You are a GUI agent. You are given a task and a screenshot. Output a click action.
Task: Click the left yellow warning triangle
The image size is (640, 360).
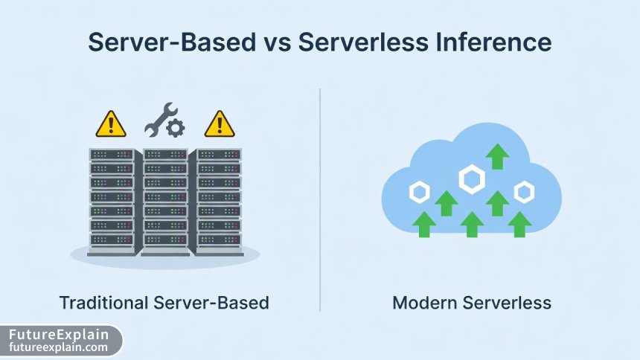point(111,124)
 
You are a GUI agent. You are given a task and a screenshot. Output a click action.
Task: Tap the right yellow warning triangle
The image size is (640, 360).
point(219,124)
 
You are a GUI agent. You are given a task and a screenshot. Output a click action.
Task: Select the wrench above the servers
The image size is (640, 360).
point(159,118)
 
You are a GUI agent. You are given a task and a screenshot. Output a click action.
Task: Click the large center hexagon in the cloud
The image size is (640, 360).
point(472,179)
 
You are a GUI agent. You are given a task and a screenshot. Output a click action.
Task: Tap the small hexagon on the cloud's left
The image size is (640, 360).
point(420,193)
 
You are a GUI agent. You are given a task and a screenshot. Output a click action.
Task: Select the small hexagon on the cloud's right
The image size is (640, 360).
point(525,193)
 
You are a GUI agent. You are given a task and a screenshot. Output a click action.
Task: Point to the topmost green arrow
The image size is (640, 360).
point(497,157)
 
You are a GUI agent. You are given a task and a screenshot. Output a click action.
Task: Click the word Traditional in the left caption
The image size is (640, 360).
point(103,303)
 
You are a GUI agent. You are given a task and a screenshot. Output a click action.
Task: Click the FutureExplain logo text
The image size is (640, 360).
point(58,335)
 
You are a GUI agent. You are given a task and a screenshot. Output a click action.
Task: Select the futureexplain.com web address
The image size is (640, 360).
point(58,347)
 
